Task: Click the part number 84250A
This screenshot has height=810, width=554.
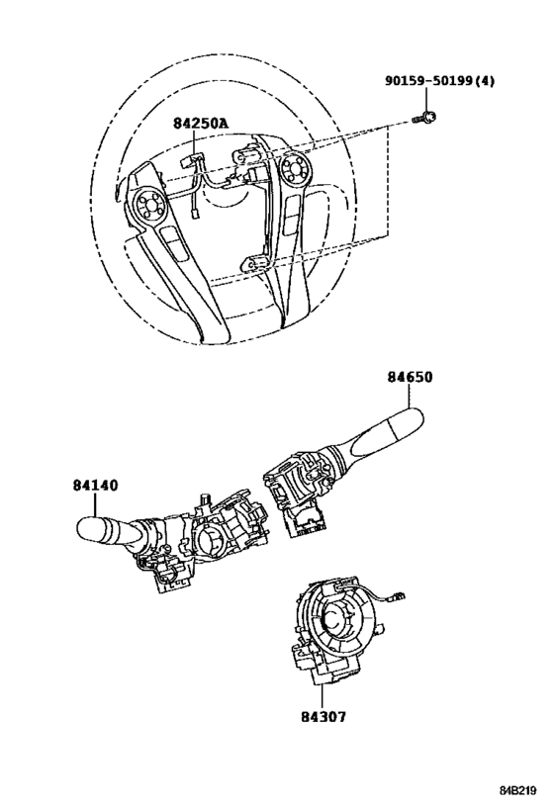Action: (201, 123)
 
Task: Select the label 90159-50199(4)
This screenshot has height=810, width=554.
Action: (439, 80)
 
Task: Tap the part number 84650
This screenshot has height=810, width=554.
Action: (410, 377)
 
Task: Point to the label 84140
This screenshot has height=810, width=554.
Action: (95, 485)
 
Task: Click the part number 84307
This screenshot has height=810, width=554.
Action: (323, 716)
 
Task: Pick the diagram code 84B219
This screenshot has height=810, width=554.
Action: (517, 790)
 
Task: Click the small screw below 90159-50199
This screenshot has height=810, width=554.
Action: (424, 119)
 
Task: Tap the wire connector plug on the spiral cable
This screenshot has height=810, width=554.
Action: (399, 595)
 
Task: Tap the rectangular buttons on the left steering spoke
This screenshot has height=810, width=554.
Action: (171, 243)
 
